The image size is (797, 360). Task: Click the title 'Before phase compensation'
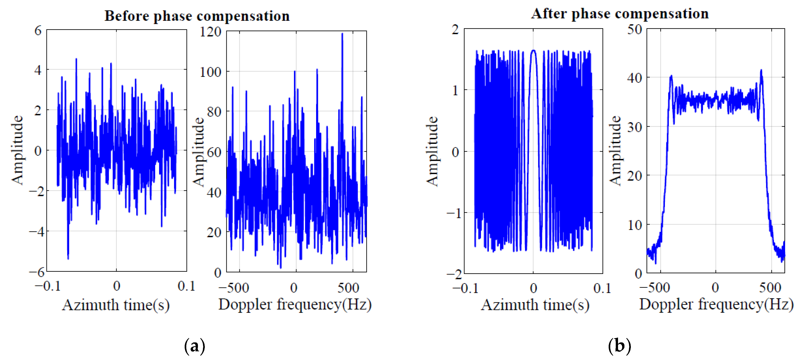coord(197,16)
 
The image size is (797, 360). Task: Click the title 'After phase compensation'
coord(620,14)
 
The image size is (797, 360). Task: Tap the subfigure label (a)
coord(194,346)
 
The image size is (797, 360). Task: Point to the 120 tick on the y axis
coord(210,32)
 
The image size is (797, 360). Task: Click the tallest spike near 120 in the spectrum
coord(342,34)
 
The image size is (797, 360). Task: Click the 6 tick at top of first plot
coord(38,30)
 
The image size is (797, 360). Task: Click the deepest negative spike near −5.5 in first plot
coord(68,258)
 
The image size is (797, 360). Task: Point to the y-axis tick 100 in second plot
coord(210,72)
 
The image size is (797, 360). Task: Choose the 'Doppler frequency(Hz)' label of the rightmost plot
coord(716,304)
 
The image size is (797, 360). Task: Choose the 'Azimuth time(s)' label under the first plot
coord(116,305)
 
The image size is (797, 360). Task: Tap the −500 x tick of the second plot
coord(234,288)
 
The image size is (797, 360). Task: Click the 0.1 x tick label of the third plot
coord(602,288)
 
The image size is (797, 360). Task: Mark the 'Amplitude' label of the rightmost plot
coord(615,151)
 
